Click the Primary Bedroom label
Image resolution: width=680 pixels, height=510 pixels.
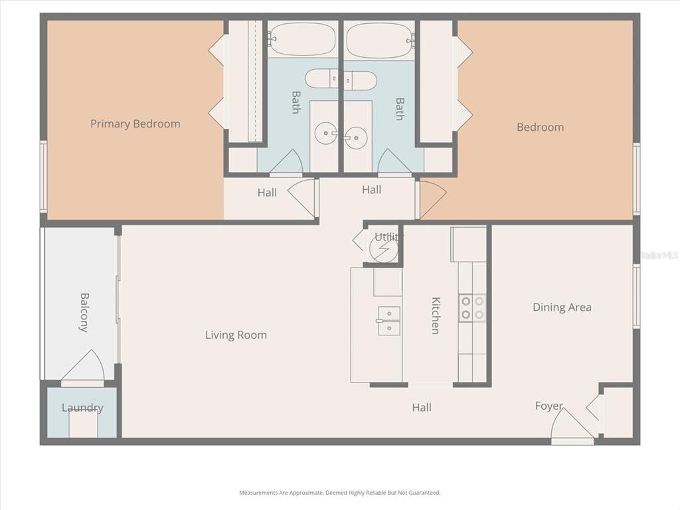135,124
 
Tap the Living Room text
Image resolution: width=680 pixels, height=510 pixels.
236,335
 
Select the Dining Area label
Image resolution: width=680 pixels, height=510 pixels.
562,307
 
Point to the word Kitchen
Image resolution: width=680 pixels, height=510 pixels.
436,315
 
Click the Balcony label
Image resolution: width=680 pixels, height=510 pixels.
84,312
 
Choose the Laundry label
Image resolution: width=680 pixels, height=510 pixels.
82,408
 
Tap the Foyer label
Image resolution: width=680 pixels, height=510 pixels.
549,406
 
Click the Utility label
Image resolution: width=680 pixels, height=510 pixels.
388,236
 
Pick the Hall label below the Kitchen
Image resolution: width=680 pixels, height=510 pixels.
422,408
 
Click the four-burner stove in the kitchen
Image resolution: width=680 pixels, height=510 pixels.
472,309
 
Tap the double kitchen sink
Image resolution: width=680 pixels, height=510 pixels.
388,321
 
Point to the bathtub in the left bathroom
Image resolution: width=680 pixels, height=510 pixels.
301,39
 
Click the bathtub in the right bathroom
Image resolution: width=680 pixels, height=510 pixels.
380,40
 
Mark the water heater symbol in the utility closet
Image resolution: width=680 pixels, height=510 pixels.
383,250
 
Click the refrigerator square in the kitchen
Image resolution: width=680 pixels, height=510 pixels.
469,244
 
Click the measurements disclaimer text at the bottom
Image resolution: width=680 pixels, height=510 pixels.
339,493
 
